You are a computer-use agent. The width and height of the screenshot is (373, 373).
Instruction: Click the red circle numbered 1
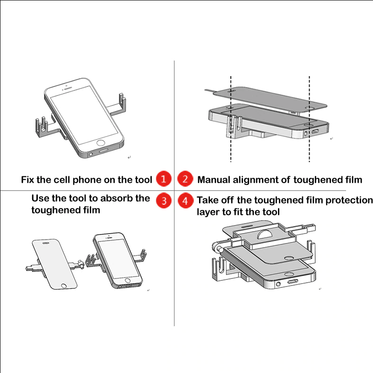point(163,179)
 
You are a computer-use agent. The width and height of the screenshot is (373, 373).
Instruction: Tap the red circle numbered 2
point(185,179)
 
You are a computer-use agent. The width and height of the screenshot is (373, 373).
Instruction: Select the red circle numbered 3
point(163,200)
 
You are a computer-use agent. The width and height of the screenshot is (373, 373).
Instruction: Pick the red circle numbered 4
point(185,200)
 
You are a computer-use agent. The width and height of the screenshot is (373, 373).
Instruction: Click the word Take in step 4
point(208,200)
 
